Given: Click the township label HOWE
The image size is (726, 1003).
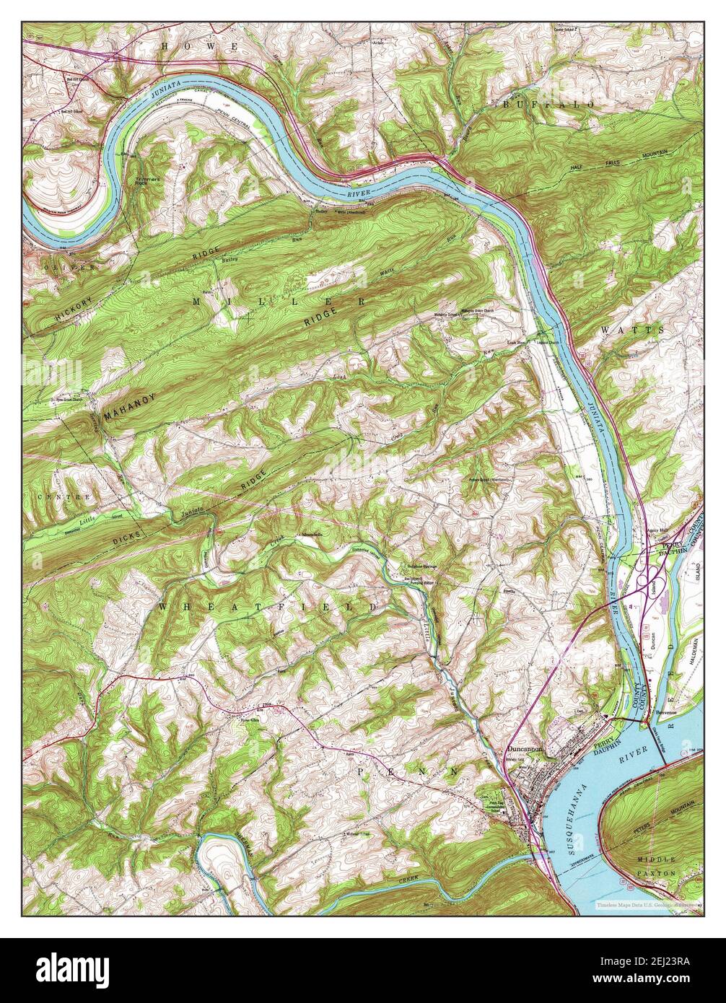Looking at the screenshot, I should (x=199, y=46).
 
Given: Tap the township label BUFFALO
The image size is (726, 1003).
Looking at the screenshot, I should (x=549, y=105).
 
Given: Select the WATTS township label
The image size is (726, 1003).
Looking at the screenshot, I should (x=631, y=329).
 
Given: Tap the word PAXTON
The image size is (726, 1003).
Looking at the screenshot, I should (x=657, y=873).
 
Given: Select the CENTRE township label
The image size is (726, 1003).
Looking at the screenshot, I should (x=66, y=497).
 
